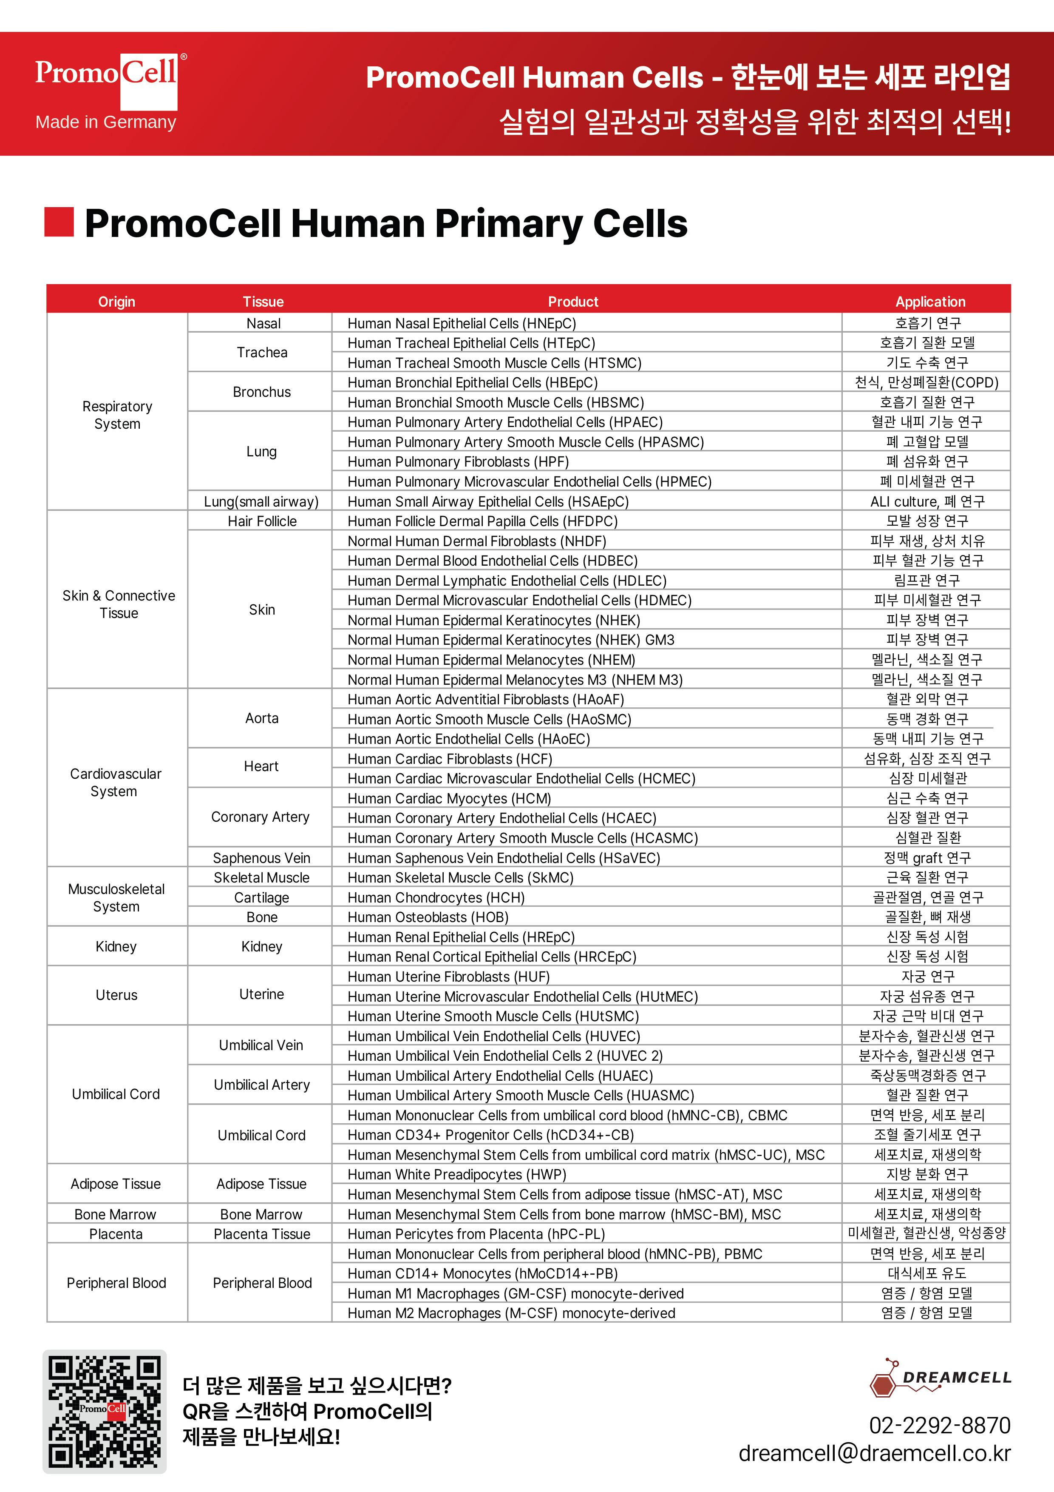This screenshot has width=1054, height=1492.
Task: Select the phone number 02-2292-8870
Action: point(939,1425)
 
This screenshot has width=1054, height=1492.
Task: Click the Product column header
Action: point(573,302)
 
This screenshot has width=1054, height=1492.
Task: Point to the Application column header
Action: point(929,302)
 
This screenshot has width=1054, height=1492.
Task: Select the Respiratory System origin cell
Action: point(117,415)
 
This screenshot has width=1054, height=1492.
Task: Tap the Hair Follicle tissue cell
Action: point(262,521)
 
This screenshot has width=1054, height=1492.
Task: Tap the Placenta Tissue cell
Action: point(262,1234)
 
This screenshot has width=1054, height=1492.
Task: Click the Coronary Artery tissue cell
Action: point(261,817)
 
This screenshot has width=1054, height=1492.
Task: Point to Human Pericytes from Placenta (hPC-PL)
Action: point(476,1234)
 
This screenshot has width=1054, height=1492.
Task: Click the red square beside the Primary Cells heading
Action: point(59,222)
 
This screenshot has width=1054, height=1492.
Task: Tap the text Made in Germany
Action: point(106,122)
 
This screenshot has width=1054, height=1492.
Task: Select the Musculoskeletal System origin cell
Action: point(116,897)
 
